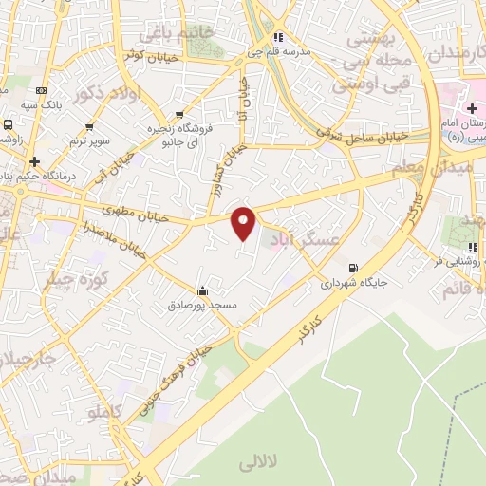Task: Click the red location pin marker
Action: tap(244, 223)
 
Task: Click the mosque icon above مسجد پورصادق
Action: tap(201, 290)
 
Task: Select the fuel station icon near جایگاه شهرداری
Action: tap(353, 268)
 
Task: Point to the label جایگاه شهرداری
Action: tap(352, 283)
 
